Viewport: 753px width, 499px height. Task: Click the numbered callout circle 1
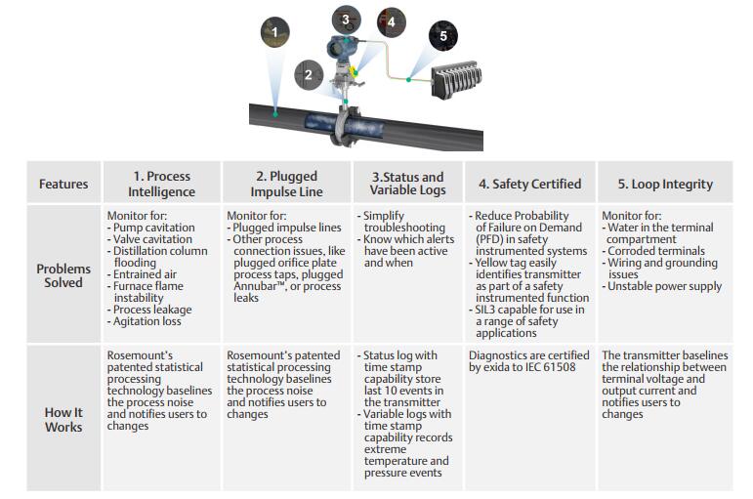click(274, 32)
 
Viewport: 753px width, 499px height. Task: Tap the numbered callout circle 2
click(309, 74)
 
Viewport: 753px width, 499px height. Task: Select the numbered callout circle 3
click(344, 19)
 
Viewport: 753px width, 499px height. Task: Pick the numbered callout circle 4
click(391, 21)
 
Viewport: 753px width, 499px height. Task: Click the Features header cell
click(63, 184)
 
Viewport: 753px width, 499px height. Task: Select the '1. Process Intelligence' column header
click(161, 184)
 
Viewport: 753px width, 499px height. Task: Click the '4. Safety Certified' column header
click(529, 184)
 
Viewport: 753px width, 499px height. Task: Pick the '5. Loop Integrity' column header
click(665, 184)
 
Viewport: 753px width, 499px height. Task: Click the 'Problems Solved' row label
click(63, 275)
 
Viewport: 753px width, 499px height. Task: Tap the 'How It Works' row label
click(63, 419)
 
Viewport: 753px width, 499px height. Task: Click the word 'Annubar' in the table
click(251, 286)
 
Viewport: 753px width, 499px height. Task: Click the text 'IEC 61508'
click(559, 368)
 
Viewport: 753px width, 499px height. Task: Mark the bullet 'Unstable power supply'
click(664, 286)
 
